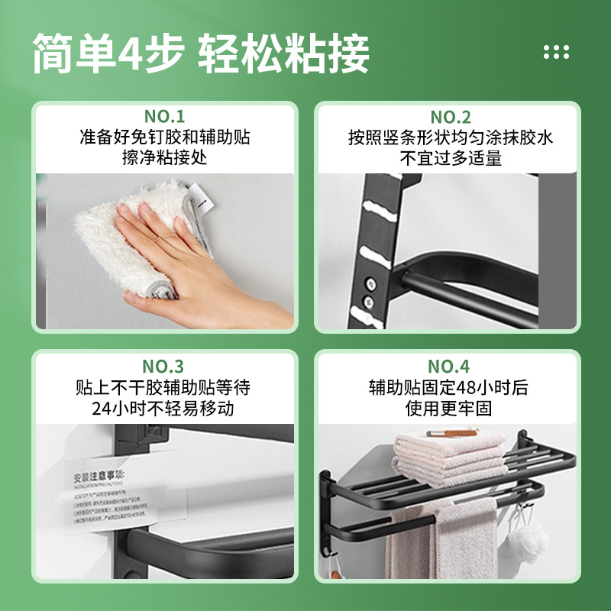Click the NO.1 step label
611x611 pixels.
pyautogui.click(x=164, y=117)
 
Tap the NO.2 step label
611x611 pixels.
pyautogui.click(x=451, y=117)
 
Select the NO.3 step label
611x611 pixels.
pyautogui.click(x=164, y=366)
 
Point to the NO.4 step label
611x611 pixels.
pyautogui.click(x=449, y=366)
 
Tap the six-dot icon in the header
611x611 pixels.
pyautogui.click(x=556, y=52)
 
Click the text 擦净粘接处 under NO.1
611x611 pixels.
pyautogui.click(x=164, y=158)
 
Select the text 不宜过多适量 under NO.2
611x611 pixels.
pyautogui.click(x=451, y=158)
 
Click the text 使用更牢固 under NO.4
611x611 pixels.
pyautogui.click(x=449, y=408)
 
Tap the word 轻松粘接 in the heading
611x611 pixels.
pyautogui.click(x=284, y=53)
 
